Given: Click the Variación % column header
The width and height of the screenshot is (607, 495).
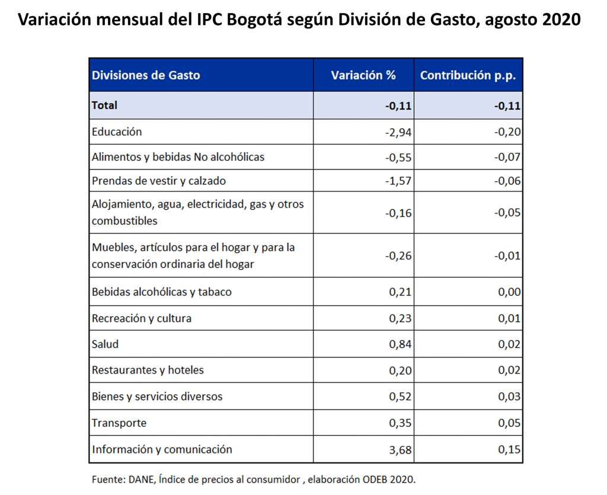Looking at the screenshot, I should pyautogui.click(x=363, y=75).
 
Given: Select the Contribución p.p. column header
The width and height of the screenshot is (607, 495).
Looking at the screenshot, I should pyautogui.click(x=468, y=75).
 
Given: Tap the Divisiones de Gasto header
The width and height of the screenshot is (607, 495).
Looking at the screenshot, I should pyautogui.click(x=146, y=75).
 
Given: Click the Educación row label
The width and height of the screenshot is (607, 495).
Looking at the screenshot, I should pyautogui.click(x=117, y=132).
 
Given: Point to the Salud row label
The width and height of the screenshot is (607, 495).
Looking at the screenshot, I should pyautogui.click(x=106, y=344).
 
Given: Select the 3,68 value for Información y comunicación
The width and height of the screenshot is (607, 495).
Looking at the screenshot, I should pyautogui.click(x=400, y=450).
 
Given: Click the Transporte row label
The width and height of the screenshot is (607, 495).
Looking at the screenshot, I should pyautogui.click(x=119, y=423).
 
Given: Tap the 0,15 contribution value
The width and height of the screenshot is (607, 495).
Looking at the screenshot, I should pyautogui.click(x=509, y=450).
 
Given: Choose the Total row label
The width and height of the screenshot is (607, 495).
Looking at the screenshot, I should pyautogui.click(x=105, y=106).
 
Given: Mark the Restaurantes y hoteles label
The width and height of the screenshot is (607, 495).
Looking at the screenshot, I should pyautogui.click(x=148, y=370).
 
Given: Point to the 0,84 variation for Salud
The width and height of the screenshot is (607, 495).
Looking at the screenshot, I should pyautogui.click(x=400, y=344).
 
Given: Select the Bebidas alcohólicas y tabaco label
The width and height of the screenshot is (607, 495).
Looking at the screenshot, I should pyautogui.click(x=161, y=292).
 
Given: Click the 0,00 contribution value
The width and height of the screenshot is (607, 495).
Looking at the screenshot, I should pyautogui.click(x=509, y=292).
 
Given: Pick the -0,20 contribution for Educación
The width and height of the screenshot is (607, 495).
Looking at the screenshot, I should pyautogui.click(x=507, y=132).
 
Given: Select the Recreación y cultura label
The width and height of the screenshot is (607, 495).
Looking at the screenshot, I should pyautogui.click(x=142, y=318).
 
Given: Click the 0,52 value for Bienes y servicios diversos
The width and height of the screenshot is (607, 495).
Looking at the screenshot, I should pyautogui.click(x=400, y=397).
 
